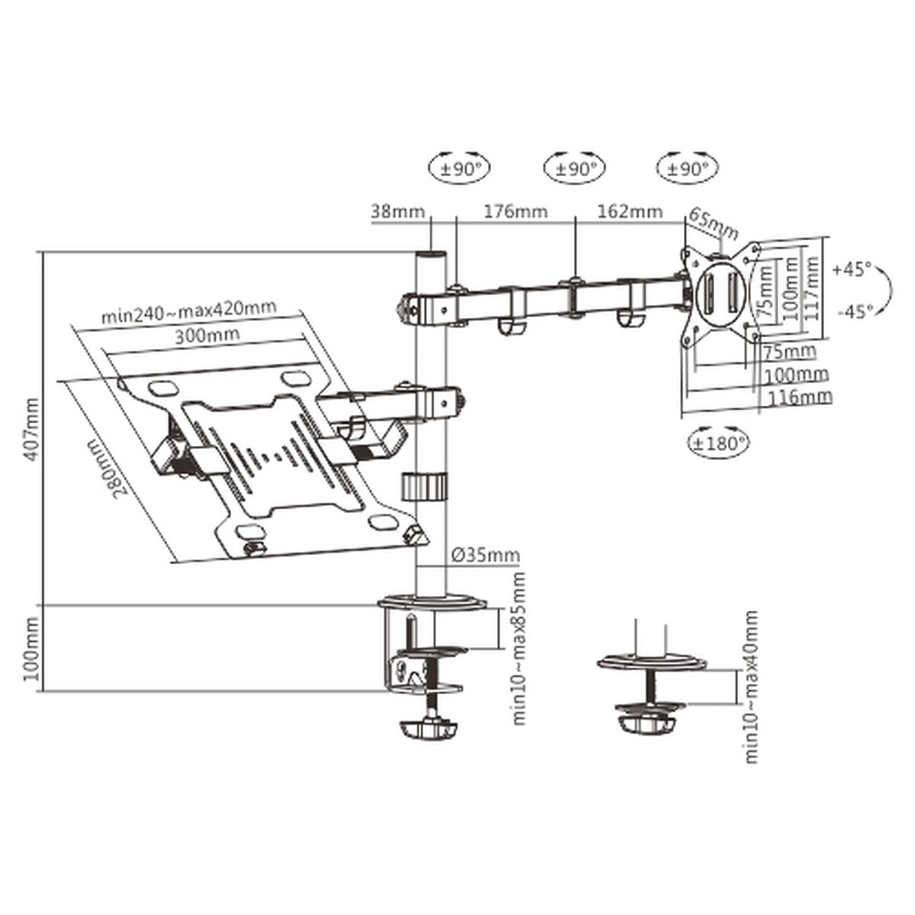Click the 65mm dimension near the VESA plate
714,222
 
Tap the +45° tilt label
852,269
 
